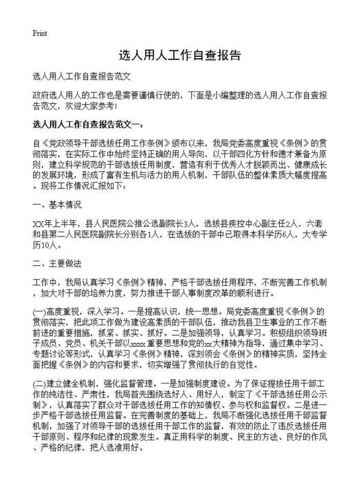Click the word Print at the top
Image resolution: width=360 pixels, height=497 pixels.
[40, 33]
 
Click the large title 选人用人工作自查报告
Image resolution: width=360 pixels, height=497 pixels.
[180, 55]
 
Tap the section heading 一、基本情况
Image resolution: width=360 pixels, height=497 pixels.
[57, 206]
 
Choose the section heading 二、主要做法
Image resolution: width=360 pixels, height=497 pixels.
[57, 264]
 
